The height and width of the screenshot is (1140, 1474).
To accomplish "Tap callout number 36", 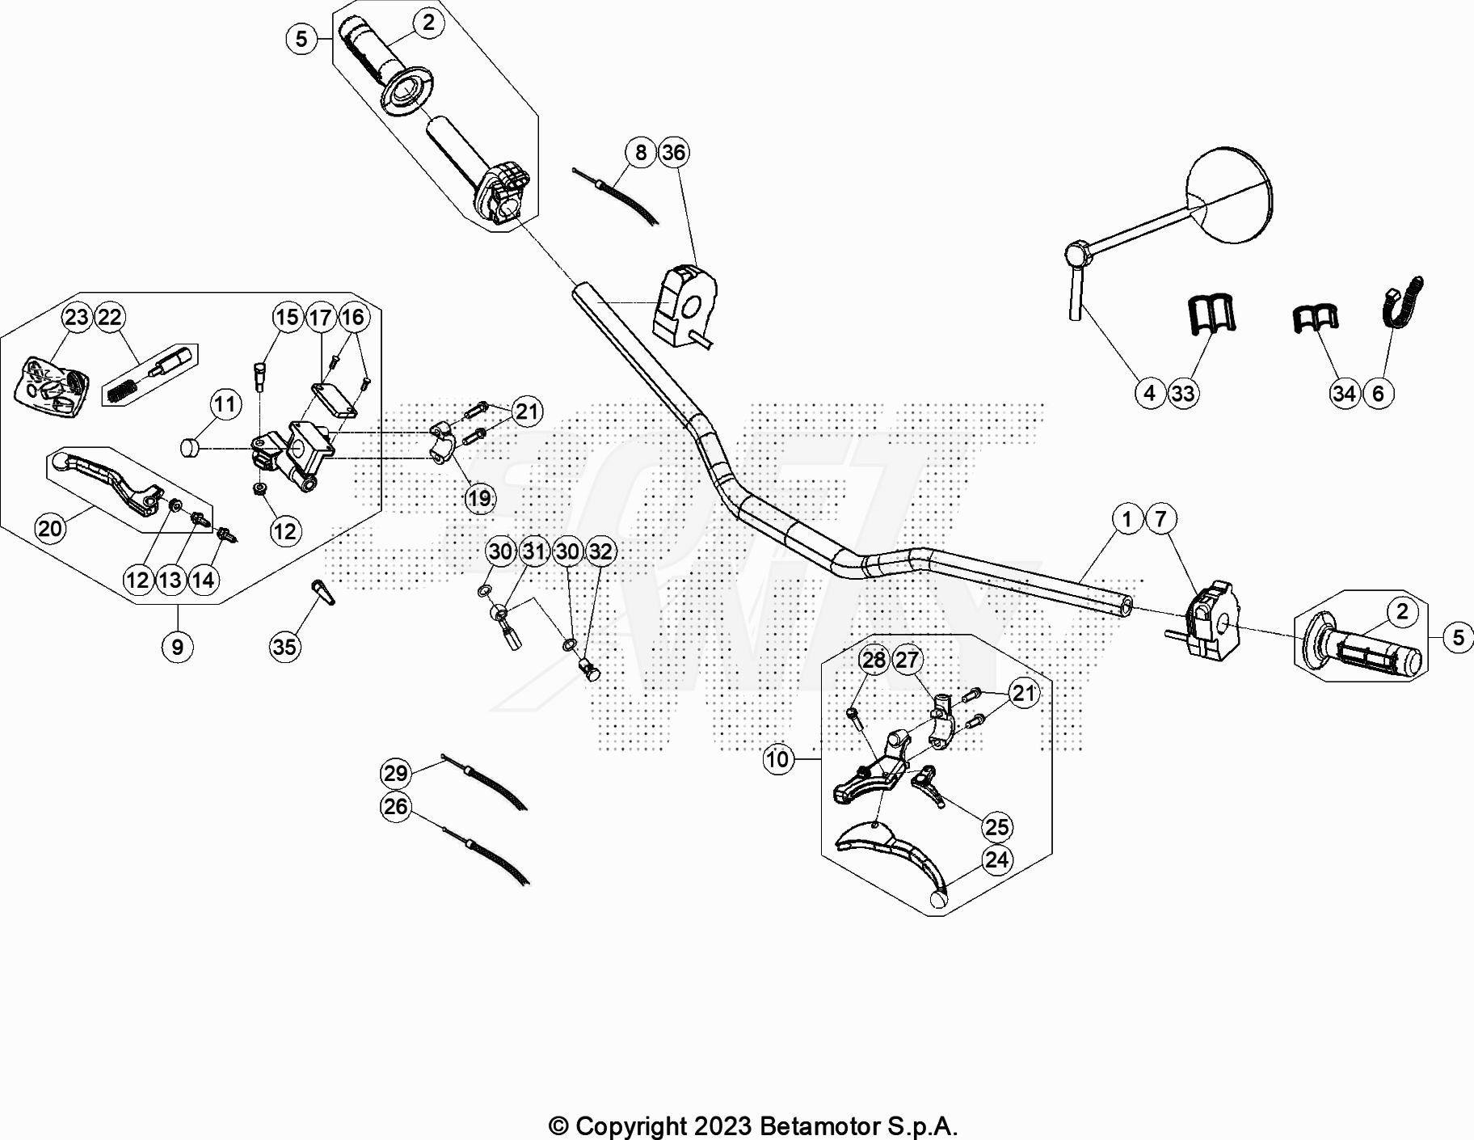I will [x=673, y=152].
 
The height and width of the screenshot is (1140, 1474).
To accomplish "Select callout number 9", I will [x=177, y=646].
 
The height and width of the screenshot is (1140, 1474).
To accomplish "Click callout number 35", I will [x=284, y=646].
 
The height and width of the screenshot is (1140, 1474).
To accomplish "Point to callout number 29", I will [x=395, y=773].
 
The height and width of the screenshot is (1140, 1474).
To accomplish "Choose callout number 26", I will [x=395, y=806].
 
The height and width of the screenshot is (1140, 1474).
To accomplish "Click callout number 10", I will [x=777, y=759].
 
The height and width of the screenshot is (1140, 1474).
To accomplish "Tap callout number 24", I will [x=996, y=859].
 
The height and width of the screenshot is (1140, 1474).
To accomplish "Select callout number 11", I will [x=225, y=404].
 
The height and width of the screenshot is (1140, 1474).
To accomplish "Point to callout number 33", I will [x=1183, y=394].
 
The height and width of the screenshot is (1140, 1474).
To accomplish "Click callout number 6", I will [x=1378, y=394].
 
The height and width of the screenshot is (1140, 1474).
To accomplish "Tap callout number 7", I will [x=1160, y=518].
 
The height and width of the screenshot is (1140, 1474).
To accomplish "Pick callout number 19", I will [x=479, y=498].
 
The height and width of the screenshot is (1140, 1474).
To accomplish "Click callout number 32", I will [x=600, y=551].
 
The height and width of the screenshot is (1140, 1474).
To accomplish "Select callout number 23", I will [x=77, y=317].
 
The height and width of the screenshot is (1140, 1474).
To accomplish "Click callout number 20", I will [x=50, y=528].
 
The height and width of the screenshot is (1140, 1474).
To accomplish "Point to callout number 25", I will [x=996, y=826].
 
